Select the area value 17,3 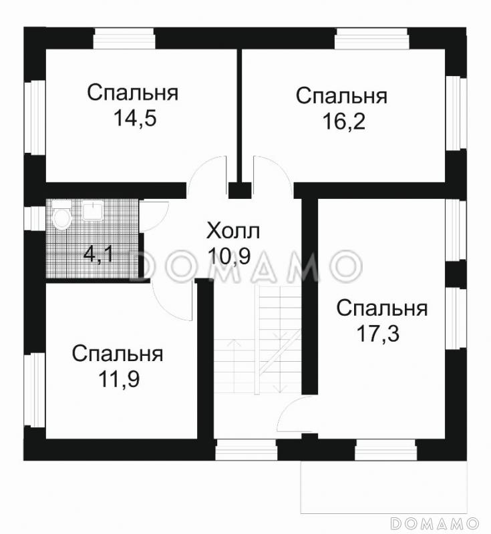(x=380, y=333)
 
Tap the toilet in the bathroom (x=61, y=217)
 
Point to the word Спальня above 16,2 (x=341, y=96)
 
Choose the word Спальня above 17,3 (x=381, y=308)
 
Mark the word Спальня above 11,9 (x=118, y=354)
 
